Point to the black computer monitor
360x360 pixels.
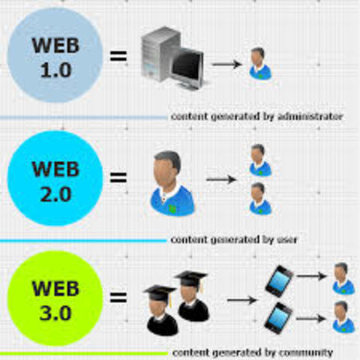pyautogui.click(x=187, y=67)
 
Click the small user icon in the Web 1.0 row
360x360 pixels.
pyautogui.click(x=259, y=64)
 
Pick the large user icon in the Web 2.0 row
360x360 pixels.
pyautogui.click(x=172, y=184)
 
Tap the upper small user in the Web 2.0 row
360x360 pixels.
pyautogui.click(x=259, y=160)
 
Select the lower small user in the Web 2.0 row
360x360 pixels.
pyautogui.click(x=259, y=198)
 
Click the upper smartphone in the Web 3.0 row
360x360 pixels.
pyautogui.click(x=278, y=280)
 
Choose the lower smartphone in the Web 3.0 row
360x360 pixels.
pyautogui.click(x=278, y=316)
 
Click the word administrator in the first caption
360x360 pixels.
pyautogui.click(x=313, y=117)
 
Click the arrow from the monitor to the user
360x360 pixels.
pyautogui.click(x=226, y=64)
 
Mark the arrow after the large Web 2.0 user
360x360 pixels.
pyautogui.click(x=220, y=180)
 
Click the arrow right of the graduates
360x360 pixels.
pyautogui.click(x=241, y=300)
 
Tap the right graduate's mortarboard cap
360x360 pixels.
pyautogui.click(x=192, y=278)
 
